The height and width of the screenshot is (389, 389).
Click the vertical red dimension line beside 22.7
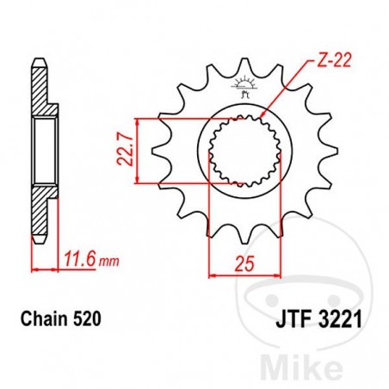[x=138, y=151]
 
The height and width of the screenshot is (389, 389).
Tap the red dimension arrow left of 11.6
[x=44, y=269]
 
